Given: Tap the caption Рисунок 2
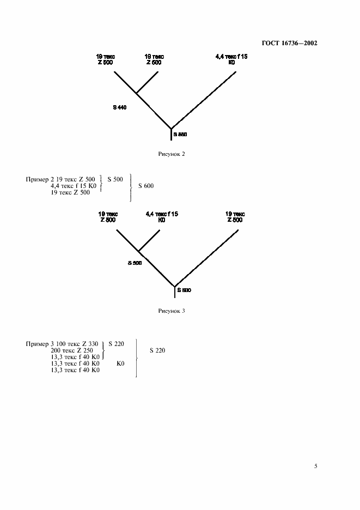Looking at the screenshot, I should [x=172, y=154].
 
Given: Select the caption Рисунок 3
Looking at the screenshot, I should [x=172, y=311].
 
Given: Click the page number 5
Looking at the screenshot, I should [x=315, y=466].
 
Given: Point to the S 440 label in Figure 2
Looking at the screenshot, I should [x=120, y=108].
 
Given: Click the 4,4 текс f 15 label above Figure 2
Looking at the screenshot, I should [x=231, y=56].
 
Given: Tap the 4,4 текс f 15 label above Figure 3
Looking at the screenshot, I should [x=162, y=214].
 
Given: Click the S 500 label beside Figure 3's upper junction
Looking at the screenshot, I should [x=135, y=263].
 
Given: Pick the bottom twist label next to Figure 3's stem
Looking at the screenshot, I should [x=184, y=290].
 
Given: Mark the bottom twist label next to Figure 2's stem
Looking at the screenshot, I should [x=180, y=133].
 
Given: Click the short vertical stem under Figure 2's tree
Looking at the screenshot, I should [x=172, y=135].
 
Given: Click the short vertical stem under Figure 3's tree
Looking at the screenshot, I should [x=174, y=292].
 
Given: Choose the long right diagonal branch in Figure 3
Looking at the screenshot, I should [x=207, y=256].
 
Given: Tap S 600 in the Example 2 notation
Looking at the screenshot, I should [x=146, y=186].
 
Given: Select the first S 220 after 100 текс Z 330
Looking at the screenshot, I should [x=117, y=344].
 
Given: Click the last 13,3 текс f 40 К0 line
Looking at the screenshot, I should [x=75, y=370].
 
